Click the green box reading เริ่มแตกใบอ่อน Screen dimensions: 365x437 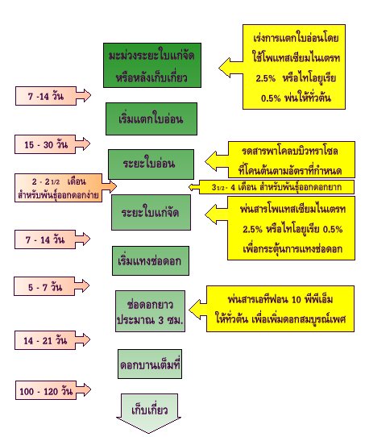[151, 119]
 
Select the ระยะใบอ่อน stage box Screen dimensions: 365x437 [151, 164]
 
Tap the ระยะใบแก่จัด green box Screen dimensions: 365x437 [151, 212]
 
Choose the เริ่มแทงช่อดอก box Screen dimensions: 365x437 [151, 261]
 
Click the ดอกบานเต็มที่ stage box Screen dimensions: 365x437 [150, 364]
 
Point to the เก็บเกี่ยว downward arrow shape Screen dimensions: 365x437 [149, 413]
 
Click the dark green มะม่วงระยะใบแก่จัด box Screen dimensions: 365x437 [152, 65]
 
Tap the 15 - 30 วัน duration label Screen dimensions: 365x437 [52, 144]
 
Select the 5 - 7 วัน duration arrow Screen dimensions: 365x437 [52, 286]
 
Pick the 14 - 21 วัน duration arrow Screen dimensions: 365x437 [52, 340]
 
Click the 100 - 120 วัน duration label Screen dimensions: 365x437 [53, 390]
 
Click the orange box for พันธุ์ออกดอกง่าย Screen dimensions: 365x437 [66, 188]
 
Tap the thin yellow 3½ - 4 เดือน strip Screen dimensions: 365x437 [272, 187]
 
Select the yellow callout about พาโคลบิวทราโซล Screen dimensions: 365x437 [280, 160]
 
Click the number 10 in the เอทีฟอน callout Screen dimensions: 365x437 [297, 300]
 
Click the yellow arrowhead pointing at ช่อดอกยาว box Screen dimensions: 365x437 [197, 310]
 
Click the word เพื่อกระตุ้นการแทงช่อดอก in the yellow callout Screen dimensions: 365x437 [292, 248]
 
